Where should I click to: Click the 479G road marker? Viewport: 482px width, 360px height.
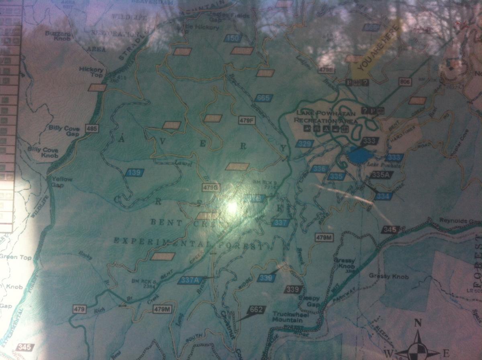[x=211, y=187]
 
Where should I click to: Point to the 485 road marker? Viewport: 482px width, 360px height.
[x=92, y=129]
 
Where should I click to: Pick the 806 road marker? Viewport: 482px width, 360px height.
[x=406, y=82]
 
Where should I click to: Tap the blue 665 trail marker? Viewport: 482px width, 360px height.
[x=263, y=98]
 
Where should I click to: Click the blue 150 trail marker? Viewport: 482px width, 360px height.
[x=234, y=39]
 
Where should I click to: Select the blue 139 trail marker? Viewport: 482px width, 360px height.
[x=134, y=173]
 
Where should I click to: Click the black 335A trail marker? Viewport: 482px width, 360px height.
[x=381, y=175]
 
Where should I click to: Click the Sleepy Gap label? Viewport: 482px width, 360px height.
[x=310, y=301]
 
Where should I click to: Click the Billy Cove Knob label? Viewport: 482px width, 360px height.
[x=43, y=152]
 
